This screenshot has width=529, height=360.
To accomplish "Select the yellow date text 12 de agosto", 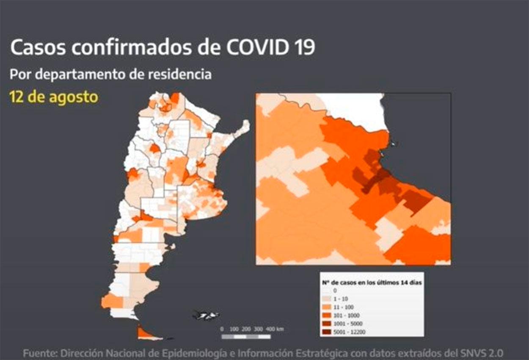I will click(54, 97).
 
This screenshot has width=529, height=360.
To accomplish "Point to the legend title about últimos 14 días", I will click(371, 282).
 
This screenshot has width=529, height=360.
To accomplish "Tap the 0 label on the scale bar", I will click(222, 329).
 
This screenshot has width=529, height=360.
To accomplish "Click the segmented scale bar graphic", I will click(246, 337).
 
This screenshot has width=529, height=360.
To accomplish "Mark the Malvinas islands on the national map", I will click(206, 315).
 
